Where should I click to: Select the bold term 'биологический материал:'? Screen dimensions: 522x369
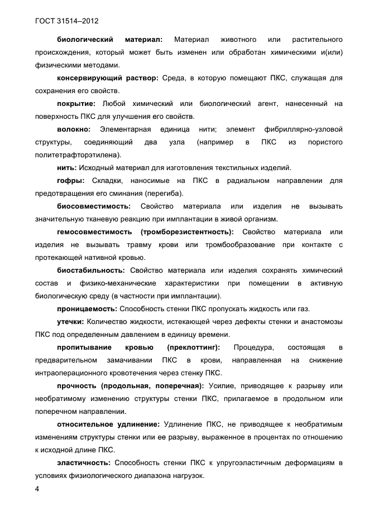[109, 39]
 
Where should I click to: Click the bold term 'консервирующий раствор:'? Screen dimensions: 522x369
[108, 78]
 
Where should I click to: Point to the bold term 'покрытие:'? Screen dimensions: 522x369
[76, 104]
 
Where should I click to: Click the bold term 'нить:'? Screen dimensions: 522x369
[67, 168]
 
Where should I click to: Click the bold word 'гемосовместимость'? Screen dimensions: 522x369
[95, 232]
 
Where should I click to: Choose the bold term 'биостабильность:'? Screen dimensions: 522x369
[90, 270]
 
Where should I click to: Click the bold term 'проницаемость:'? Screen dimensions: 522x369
[86, 309]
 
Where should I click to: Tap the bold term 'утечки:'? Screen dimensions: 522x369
[71, 322]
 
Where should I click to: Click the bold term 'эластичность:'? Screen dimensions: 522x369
[84, 463]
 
